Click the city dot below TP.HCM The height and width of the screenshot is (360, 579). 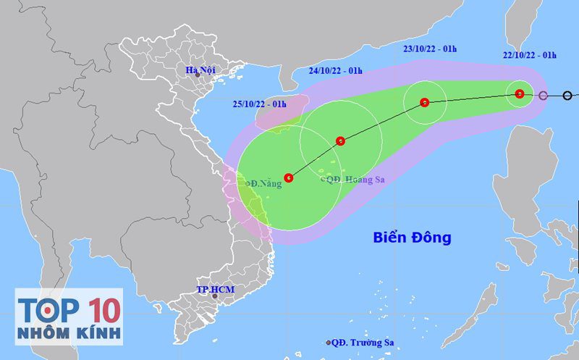coord(214,296)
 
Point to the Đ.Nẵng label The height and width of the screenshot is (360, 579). coord(265,183)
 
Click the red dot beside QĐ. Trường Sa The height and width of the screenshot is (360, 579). coord(328,343)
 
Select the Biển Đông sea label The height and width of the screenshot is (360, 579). coord(412,237)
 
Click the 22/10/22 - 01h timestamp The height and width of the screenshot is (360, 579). coord(530,54)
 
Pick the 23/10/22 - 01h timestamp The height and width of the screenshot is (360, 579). coord(430,49)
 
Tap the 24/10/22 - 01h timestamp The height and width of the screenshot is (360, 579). coord(334,70)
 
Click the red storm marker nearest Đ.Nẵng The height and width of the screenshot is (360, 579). coord(289,177)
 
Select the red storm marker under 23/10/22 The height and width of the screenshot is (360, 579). coord(424,102)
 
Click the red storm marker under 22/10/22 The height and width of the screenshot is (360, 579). coord(519,93)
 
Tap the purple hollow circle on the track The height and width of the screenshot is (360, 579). coord(543,95)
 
